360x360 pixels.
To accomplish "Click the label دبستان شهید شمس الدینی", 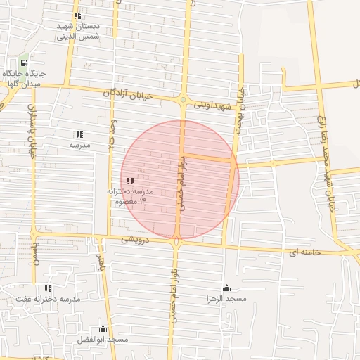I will [79, 31].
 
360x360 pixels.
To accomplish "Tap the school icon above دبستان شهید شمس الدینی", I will [77, 15].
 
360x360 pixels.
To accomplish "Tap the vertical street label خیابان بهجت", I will [243, 102].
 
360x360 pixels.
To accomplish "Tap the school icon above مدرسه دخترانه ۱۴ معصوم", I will [130, 181].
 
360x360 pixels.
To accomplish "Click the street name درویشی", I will [136, 239].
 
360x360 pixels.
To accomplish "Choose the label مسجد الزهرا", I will [226, 299].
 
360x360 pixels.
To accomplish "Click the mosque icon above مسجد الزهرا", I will [226, 288].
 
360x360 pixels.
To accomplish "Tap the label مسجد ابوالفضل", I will [103, 340].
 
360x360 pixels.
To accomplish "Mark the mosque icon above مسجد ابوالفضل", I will [103, 328].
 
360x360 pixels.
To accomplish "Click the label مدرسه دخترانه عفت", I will [49, 299].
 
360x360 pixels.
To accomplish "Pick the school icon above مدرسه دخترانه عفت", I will [48, 288].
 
